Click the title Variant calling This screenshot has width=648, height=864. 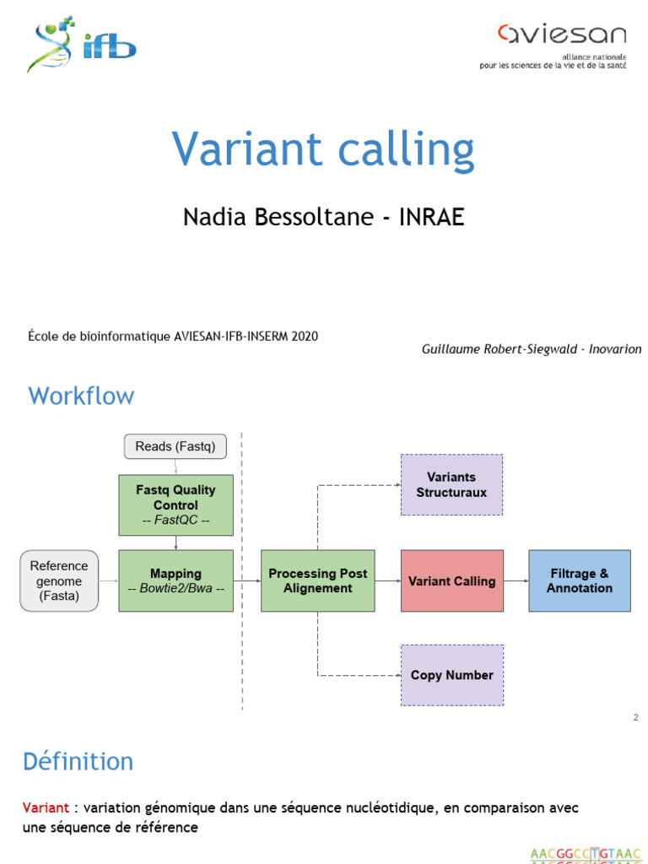[323, 149]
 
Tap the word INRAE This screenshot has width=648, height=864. [431, 218]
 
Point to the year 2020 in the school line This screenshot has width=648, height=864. [304, 336]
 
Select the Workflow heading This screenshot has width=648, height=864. [81, 396]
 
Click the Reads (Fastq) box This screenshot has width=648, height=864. [175, 446]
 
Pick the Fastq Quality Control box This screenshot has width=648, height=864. [175, 505]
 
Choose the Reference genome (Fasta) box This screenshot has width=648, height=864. [59, 580]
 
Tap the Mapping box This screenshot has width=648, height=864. [175, 580]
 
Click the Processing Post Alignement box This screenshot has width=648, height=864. [318, 580]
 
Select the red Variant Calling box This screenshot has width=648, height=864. [451, 580]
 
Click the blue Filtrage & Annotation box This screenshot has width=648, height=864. [579, 580]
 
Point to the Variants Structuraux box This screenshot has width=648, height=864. [451, 484]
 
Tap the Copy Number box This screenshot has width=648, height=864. [451, 675]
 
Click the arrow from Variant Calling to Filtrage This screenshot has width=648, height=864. [516, 580]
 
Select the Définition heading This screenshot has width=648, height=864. [78, 762]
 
